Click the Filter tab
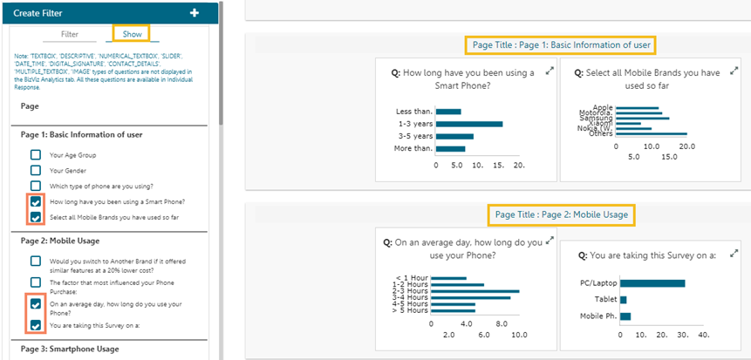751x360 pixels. [70, 34]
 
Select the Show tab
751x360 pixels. [132, 34]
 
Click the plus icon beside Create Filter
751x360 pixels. [194, 12]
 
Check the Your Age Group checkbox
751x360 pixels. [36, 155]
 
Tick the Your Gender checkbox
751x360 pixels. [36, 170]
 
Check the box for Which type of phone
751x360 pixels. [36, 186]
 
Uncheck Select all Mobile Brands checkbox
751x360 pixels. [36, 217]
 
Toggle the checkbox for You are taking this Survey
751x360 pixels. [36, 325]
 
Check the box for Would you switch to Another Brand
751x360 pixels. [36, 261]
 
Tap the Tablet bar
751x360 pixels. [623, 299]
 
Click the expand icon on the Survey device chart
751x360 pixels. [732, 249]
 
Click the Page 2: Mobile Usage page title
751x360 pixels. [561, 214]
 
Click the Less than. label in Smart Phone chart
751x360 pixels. [413, 112]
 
